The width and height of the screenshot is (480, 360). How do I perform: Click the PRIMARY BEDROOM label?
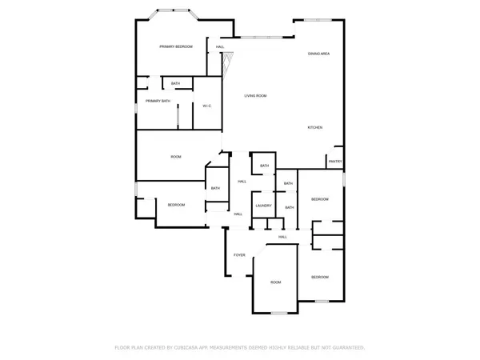[x=176, y=47]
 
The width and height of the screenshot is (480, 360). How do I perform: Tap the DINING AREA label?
[x=319, y=54]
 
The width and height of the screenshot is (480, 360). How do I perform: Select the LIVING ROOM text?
[x=255, y=96]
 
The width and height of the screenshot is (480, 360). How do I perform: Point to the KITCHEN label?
[x=315, y=128]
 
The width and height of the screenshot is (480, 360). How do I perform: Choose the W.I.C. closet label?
[x=206, y=106]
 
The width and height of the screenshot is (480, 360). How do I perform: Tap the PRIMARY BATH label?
[x=158, y=101]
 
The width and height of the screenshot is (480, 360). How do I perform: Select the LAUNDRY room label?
[x=263, y=206]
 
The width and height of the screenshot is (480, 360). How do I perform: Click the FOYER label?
[x=239, y=255]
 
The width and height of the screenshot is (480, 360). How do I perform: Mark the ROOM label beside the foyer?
[x=275, y=282]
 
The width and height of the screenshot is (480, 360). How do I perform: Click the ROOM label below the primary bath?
[x=176, y=157]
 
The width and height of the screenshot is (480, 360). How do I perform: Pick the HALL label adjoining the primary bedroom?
[x=220, y=47]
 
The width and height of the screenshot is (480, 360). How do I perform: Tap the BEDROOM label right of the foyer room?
[x=319, y=277]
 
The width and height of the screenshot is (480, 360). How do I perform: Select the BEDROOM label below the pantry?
[x=319, y=198]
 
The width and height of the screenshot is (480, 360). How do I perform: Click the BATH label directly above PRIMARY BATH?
[x=175, y=83]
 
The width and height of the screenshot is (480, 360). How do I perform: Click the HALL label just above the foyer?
[x=282, y=237]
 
